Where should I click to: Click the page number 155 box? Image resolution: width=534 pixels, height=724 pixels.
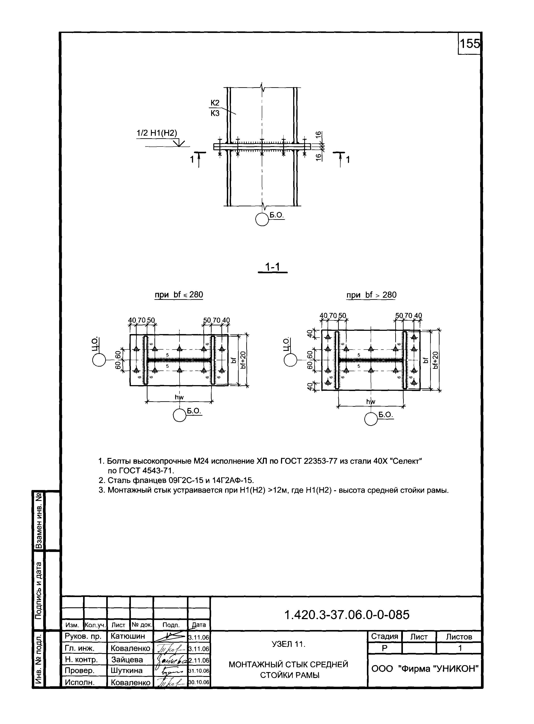point(469,43)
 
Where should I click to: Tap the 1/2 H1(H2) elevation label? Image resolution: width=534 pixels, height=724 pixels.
point(157,133)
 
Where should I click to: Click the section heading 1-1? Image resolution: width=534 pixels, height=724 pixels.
point(272,267)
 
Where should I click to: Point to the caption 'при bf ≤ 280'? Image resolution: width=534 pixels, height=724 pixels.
point(179,295)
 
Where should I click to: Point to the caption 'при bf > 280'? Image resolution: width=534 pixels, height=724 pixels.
point(371,295)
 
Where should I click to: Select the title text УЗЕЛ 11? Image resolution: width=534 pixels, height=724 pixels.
point(289,644)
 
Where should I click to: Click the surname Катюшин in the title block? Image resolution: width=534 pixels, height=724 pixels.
point(128,636)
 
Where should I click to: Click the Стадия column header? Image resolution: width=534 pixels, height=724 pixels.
point(384,637)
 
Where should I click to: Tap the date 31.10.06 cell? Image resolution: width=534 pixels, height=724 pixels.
point(199,671)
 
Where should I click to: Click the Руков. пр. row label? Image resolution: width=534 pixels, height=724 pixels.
point(83,636)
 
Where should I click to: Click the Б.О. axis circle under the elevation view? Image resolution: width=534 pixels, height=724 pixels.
point(262,220)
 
